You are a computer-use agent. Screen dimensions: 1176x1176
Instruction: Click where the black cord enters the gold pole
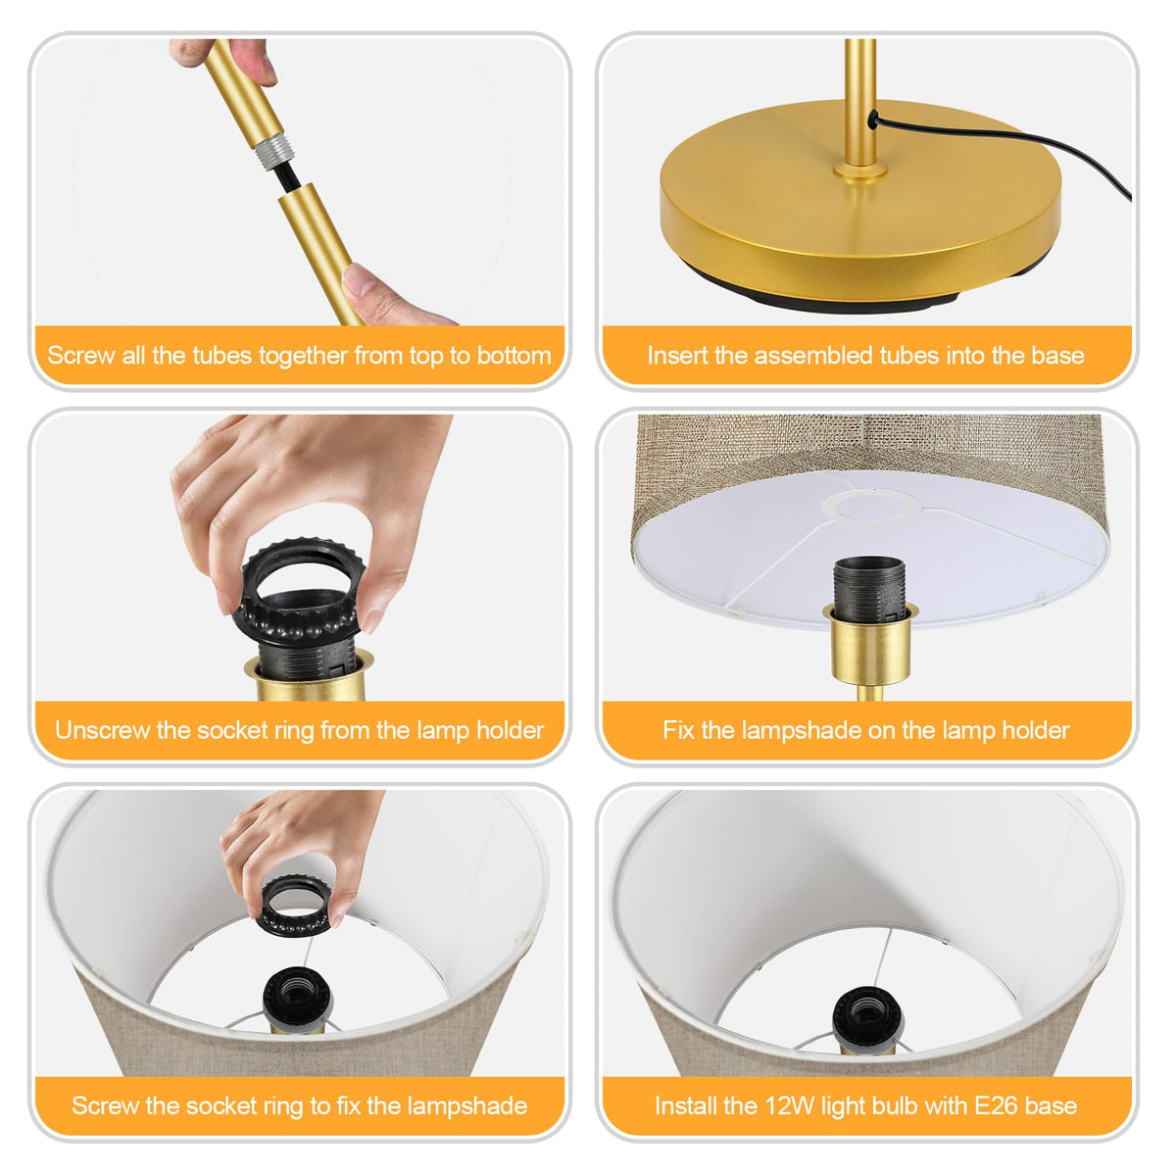click(x=873, y=118)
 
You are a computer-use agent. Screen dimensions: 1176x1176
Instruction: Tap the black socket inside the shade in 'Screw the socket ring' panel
click(x=298, y=999)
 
